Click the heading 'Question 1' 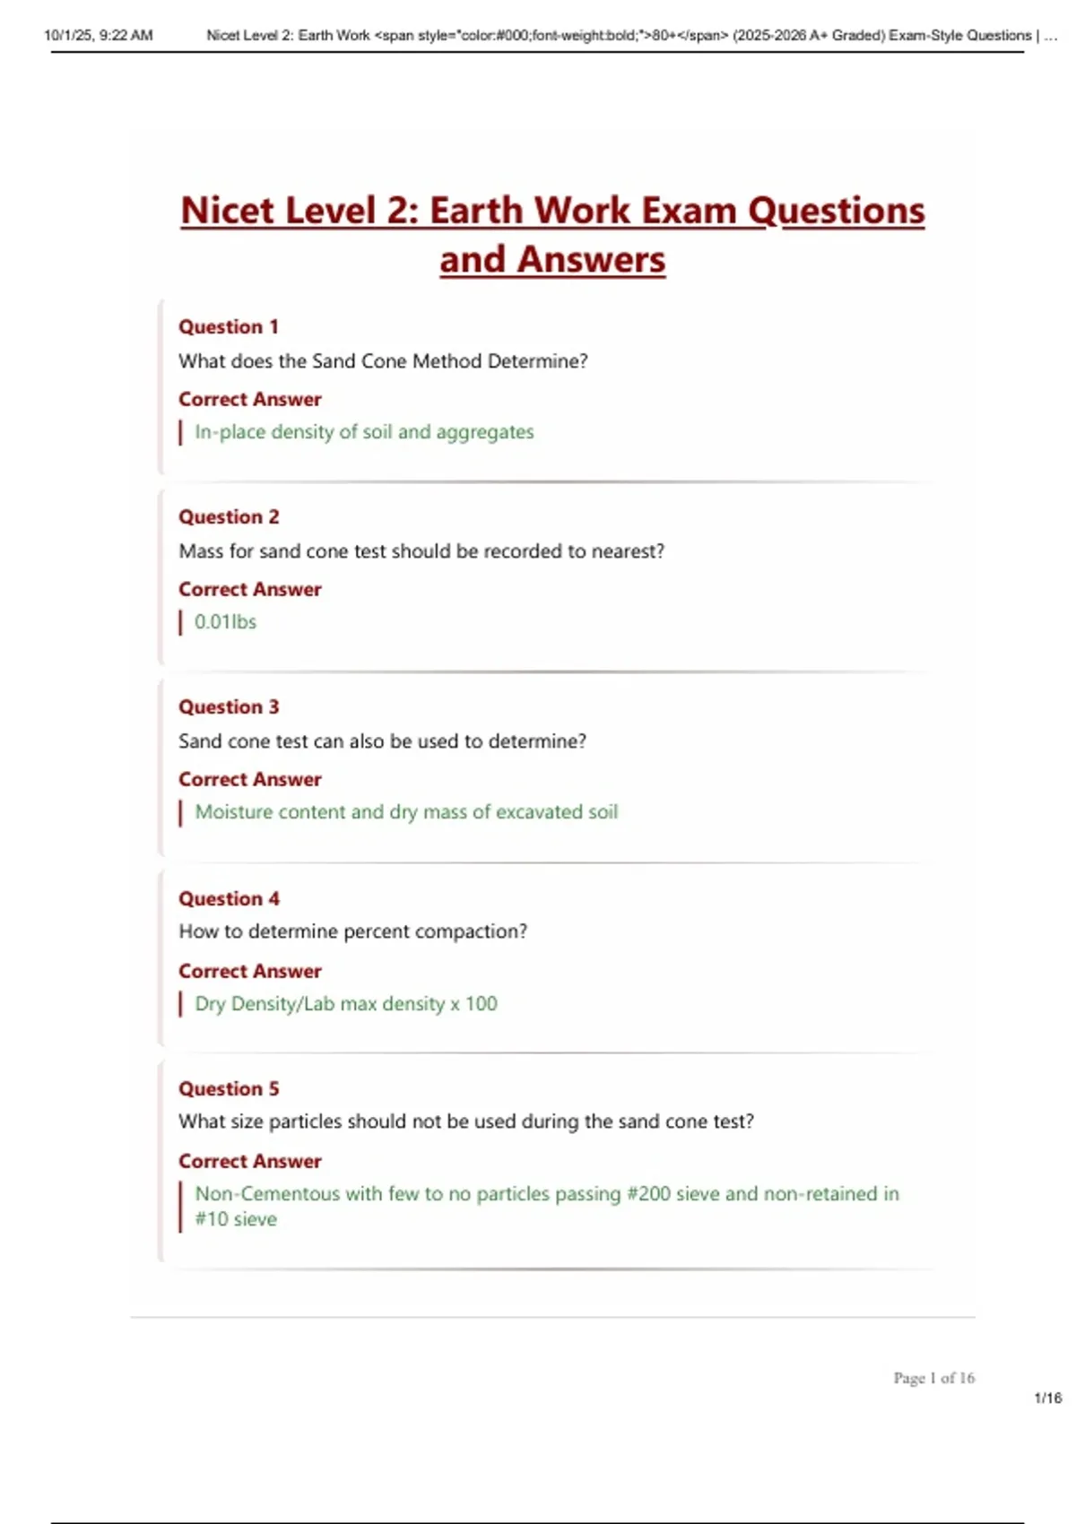tap(229, 326)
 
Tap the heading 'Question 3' tap(229, 706)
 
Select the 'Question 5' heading tap(229, 1088)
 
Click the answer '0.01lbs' tap(225, 621)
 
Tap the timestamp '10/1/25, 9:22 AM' tap(99, 35)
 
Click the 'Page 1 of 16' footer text tap(933, 1378)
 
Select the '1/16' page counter tap(1047, 1398)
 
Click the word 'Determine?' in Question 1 tap(537, 361)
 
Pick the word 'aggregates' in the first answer tap(485, 432)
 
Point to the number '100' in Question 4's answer tap(481, 1004)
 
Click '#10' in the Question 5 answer tap(212, 1219)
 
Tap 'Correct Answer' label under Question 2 tap(249, 589)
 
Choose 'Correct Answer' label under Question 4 tap(249, 971)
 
